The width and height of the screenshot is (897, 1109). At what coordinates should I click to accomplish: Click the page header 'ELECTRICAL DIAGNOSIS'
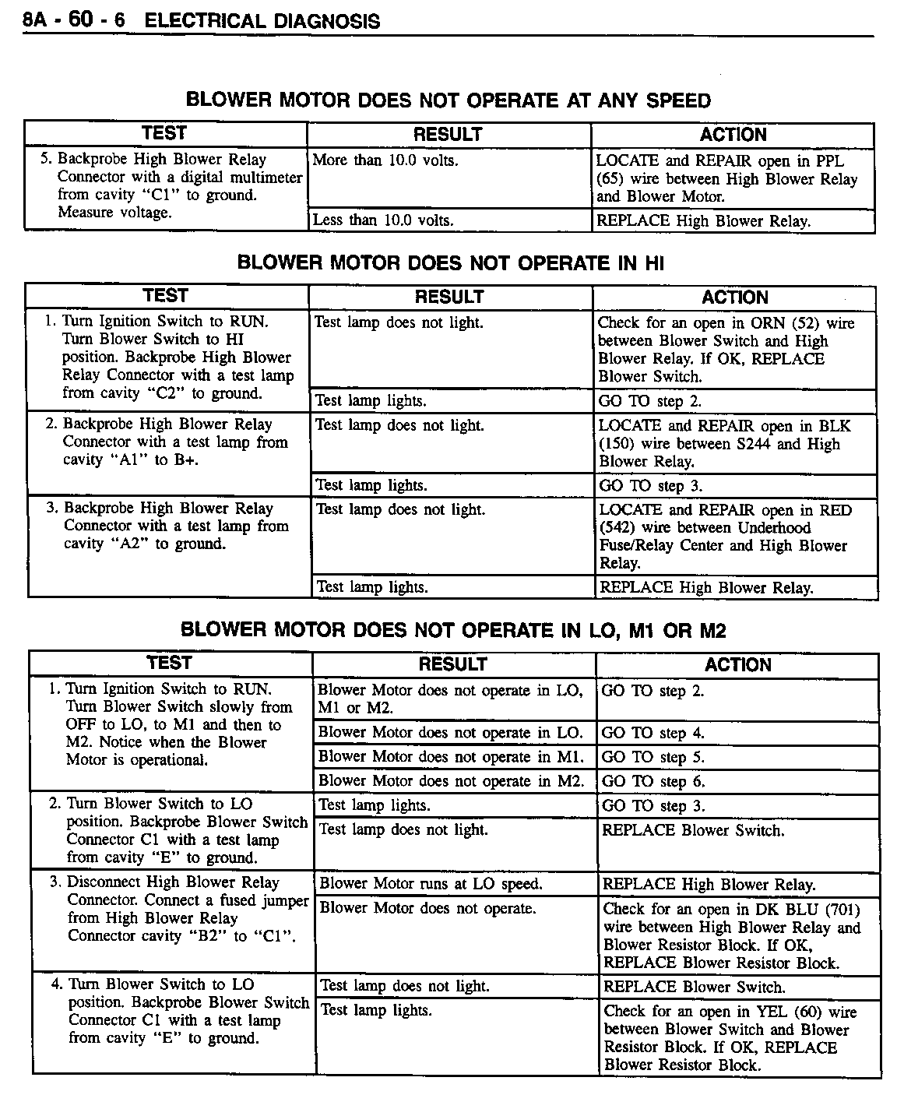point(262,21)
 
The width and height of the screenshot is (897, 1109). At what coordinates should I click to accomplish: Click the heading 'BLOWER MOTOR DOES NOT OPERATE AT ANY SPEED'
point(448,100)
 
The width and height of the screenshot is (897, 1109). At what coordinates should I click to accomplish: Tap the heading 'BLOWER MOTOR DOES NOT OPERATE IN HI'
point(450,262)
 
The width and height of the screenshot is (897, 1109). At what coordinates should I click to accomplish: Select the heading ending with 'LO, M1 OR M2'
point(453,630)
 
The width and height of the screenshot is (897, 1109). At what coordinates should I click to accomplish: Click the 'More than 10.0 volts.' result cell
point(385,161)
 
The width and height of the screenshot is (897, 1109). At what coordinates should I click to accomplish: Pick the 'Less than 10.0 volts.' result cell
point(383,220)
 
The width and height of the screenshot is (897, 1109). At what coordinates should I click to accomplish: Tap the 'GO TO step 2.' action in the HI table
point(650,402)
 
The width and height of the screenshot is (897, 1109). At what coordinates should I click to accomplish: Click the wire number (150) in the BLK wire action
point(615,444)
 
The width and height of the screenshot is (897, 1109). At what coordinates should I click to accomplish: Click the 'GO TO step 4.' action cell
point(653,733)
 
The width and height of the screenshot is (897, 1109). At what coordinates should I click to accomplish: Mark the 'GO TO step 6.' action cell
point(653,781)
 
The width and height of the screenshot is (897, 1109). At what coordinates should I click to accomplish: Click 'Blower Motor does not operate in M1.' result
point(451,757)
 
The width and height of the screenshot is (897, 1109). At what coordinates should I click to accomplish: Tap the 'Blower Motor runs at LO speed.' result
point(431,884)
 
